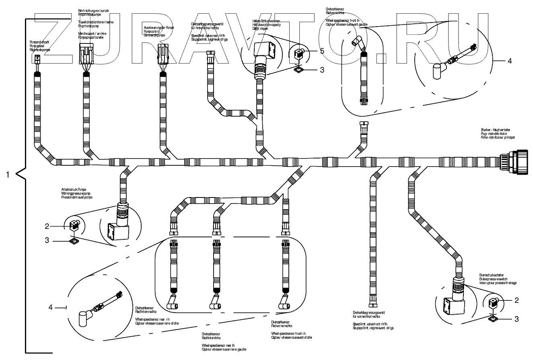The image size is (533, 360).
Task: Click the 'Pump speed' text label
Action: point(39,46)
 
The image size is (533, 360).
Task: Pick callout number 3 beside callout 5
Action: point(321,70)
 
